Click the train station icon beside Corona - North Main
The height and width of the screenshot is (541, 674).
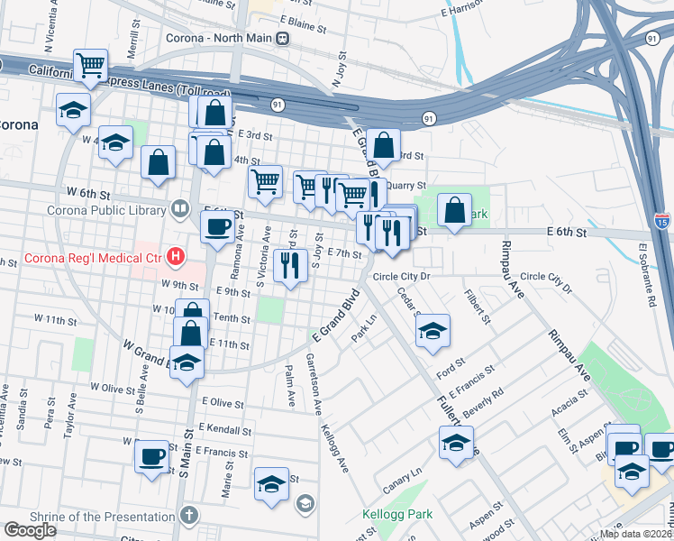pos(283,38)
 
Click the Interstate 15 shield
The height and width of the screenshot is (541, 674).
pos(662,219)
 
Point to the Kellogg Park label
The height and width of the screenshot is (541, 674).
pos(397,515)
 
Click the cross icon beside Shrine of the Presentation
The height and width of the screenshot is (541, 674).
pos(187,516)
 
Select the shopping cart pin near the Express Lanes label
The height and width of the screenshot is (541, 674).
pos(90,64)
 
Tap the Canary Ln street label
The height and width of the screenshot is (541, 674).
pos(404,474)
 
